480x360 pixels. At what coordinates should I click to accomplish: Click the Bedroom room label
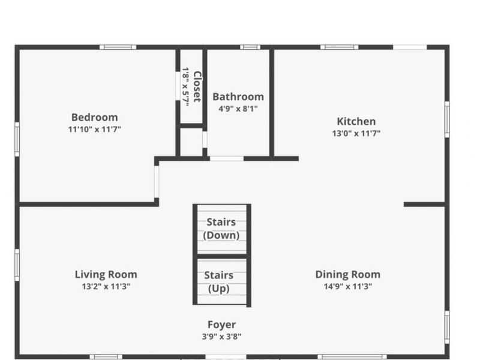[x=94, y=117]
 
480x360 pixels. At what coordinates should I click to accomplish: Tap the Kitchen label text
[x=356, y=121]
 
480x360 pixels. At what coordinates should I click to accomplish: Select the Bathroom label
[x=238, y=97]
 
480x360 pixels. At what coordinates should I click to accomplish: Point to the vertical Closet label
[x=197, y=87]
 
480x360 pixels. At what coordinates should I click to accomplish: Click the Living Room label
[x=106, y=274]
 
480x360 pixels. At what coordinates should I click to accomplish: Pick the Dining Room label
[x=347, y=274]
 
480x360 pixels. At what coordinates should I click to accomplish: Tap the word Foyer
[x=221, y=325]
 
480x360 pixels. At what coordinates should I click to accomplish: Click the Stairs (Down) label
[x=221, y=229]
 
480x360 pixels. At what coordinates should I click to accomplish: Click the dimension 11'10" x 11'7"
[x=94, y=129]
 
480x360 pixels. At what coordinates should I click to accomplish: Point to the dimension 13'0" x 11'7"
[x=356, y=133]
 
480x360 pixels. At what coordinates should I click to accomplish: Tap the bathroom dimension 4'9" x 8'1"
[x=238, y=109]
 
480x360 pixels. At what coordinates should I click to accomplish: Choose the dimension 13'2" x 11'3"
[x=106, y=286]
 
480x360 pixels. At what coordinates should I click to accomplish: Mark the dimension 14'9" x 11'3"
[x=347, y=286]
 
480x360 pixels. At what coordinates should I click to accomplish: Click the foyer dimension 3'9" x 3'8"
[x=221, y=336]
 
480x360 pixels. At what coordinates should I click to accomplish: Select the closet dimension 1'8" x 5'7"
[x=186, y=87]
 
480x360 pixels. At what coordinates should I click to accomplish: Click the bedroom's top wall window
[x=118, y=47]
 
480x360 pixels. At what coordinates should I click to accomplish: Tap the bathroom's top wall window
[x=250, y=47]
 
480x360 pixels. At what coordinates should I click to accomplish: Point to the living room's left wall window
[x=17, y=265]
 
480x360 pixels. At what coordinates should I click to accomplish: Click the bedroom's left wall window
[x=17, y=139]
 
